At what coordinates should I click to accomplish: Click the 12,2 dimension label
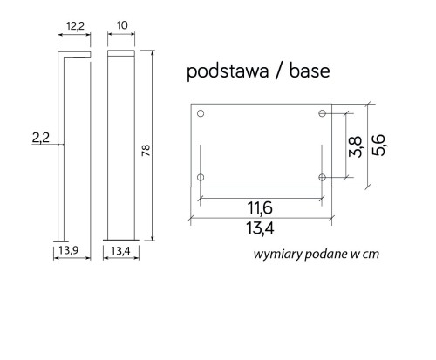(75, 26)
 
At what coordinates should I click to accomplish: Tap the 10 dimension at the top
(122, 25)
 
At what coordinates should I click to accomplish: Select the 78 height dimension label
(146, 150)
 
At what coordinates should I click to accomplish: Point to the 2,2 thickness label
(41, 138)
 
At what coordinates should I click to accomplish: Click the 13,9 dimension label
(69, 250)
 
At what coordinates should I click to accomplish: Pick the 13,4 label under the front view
(120, 251)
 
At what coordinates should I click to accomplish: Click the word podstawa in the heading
(228, 71)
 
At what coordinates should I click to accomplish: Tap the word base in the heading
(310, 71)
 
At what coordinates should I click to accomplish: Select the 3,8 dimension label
(356, 146)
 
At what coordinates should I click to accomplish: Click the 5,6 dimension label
(379, 146)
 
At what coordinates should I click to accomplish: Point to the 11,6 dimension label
(260, 208)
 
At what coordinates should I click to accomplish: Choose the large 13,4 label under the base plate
(260, 228)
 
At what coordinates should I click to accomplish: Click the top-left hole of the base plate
(201, 113)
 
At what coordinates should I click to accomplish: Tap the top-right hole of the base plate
(322, 113)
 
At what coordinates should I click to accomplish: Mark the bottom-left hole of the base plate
(201, 177)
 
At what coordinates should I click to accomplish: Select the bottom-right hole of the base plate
(322, 177)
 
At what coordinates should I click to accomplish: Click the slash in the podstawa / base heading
(278, 71)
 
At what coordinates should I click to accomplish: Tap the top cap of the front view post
(121, 53)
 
